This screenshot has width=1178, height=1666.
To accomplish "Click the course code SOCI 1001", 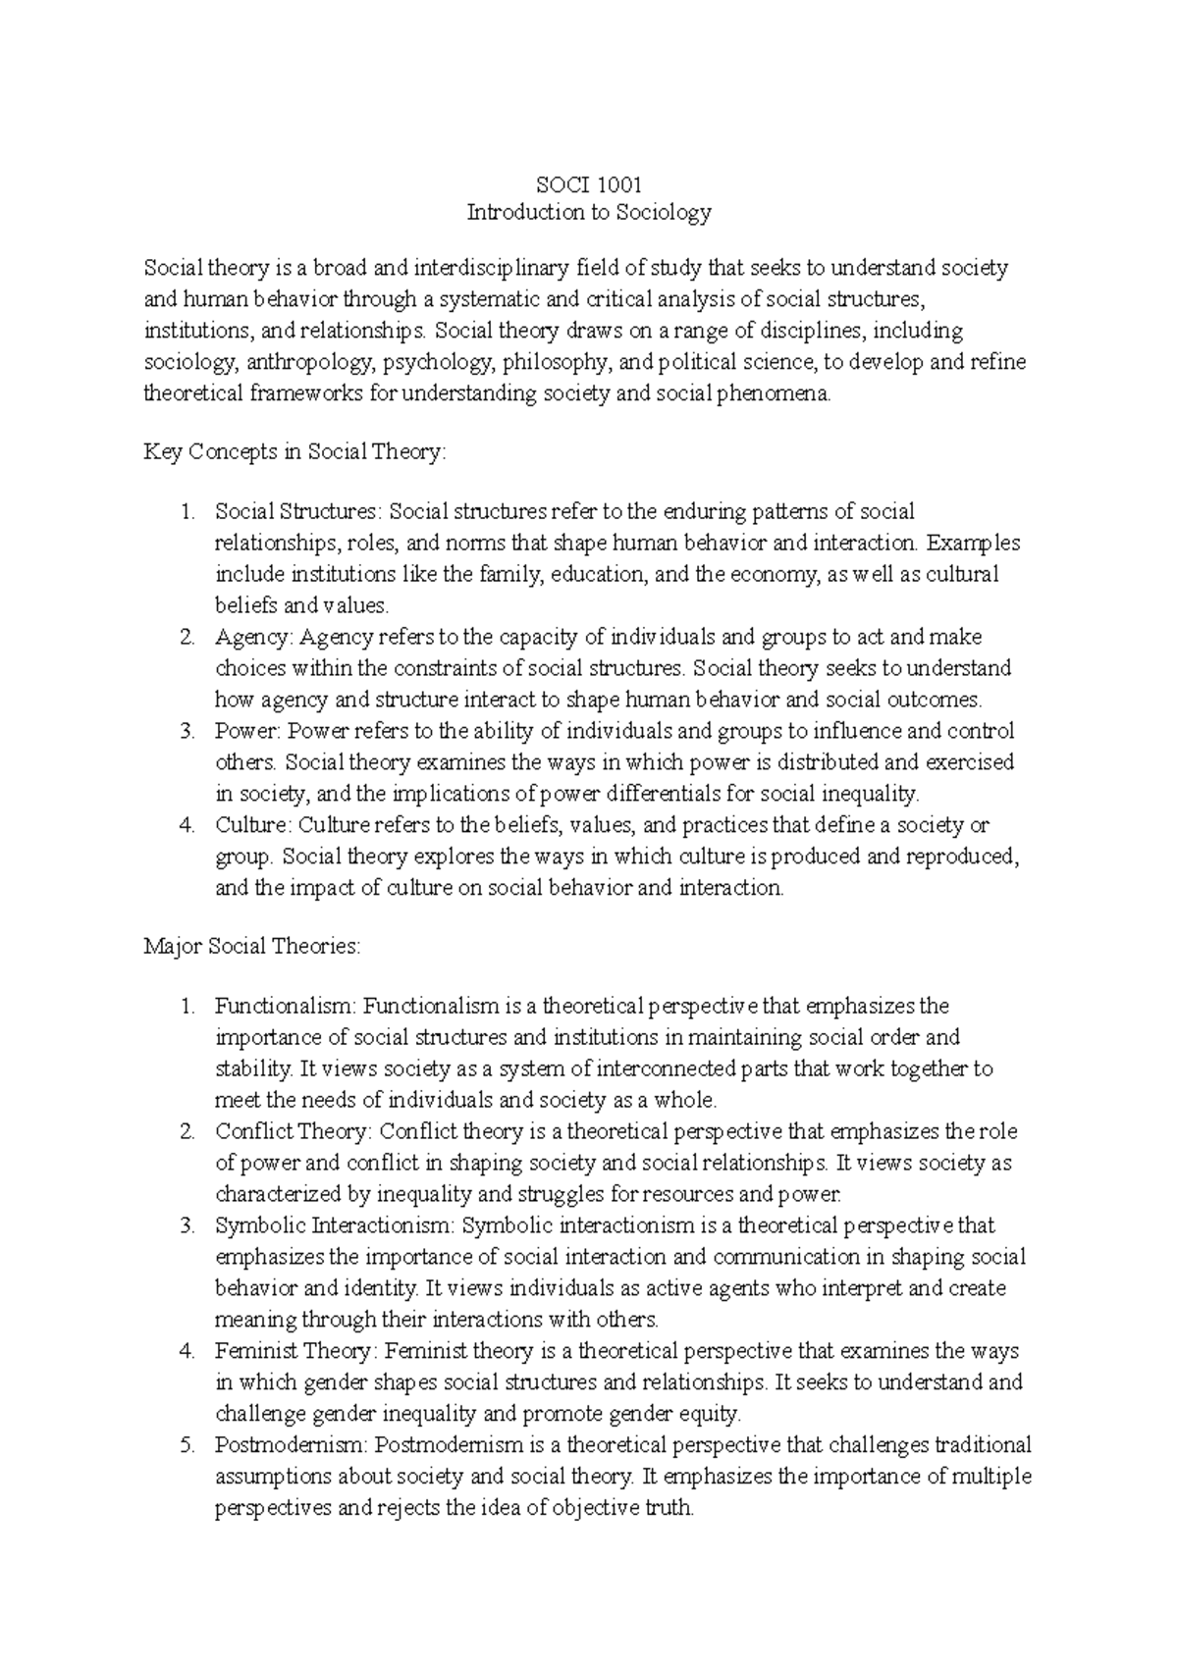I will point(588,182).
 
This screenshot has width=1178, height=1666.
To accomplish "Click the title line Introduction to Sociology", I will point(588,212).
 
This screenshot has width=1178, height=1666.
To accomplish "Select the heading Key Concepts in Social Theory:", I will point(294,452).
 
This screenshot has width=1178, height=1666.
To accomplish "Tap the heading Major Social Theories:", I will point(252,947).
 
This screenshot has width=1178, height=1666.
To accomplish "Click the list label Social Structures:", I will point(299,511).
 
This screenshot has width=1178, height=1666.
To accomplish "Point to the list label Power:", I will point(248,731).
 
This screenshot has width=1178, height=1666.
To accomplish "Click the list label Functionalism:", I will point(288,1006).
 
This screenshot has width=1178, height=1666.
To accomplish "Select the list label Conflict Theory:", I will point(294,1131).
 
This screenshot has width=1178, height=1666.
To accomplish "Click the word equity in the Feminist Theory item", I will point(715,1414).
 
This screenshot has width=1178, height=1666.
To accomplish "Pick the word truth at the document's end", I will point(669,1508).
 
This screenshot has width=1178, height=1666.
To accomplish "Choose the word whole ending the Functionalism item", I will point(689,1100).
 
